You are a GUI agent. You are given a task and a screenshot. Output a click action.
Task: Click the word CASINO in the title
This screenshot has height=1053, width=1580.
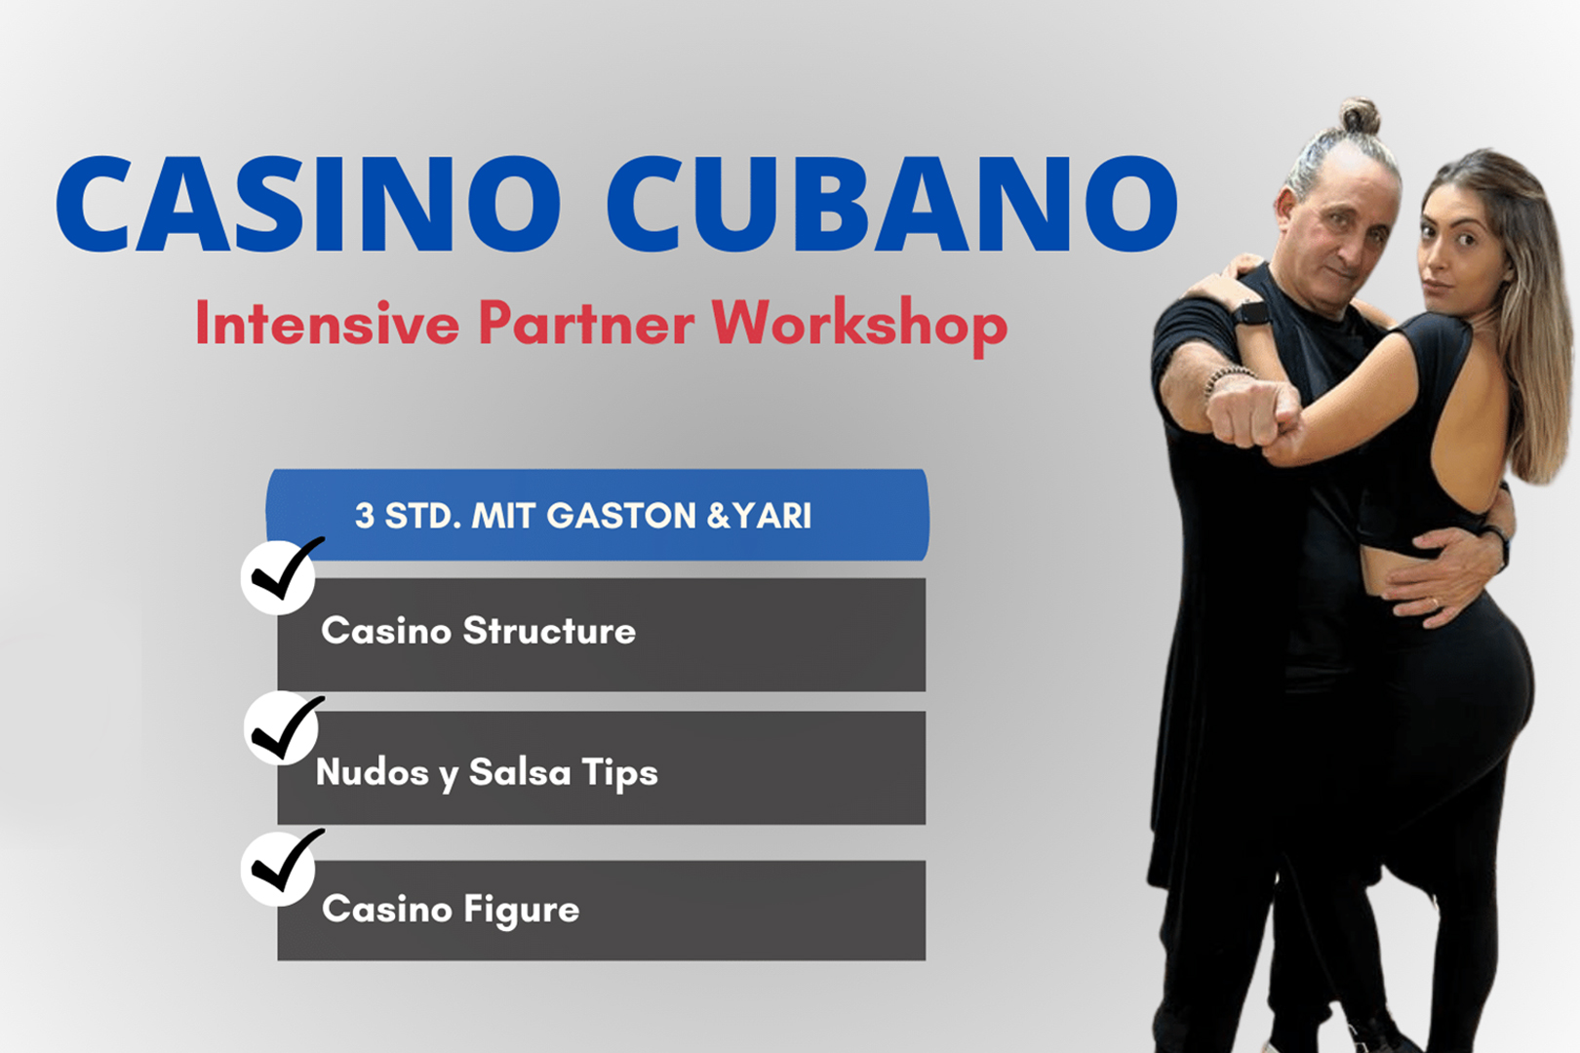point(309,204)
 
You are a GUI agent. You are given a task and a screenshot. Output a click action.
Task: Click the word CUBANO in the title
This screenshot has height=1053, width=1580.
point(893,204)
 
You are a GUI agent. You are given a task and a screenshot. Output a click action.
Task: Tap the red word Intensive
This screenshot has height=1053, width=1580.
point(328,323)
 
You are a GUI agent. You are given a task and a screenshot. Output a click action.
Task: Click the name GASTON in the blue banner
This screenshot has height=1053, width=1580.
point(621,516)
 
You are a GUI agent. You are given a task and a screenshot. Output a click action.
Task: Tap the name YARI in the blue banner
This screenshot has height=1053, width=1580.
point(772,516)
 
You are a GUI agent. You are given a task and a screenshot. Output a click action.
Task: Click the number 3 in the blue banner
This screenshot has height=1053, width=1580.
point(365,516)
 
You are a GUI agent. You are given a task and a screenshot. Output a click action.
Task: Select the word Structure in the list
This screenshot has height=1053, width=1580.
point(549,631)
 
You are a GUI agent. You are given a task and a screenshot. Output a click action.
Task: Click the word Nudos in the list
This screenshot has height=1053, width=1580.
point(373,771)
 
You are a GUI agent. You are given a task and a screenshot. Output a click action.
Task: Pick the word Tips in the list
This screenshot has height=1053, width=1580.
point(620,774)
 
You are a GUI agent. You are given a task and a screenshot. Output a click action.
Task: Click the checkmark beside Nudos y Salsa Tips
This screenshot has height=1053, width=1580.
point(284,728)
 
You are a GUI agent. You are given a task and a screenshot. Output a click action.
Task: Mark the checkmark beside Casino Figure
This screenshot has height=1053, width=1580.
point(282,866)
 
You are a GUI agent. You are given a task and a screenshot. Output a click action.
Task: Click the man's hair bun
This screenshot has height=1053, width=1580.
point(1360,116)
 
